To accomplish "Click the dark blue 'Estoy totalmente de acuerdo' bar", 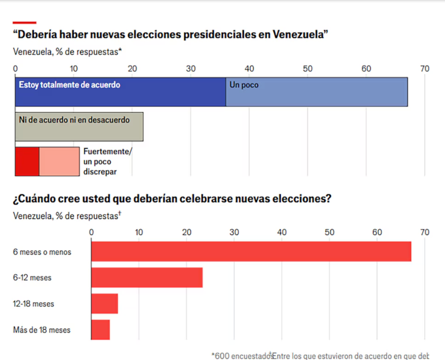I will (120, 92).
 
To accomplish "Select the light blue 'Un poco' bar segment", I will (317, 92).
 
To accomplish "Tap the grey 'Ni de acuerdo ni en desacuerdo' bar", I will (79, 127).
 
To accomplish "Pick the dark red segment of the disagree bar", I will (27, 161).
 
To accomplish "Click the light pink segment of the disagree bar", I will (59, 161).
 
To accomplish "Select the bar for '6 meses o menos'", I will (251, 251).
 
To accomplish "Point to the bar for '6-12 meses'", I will (147, 277).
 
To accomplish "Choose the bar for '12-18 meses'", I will (104, 304).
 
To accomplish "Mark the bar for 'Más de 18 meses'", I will (100, 330).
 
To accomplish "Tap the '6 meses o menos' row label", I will (42, 252).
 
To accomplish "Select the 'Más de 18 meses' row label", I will (42, 330).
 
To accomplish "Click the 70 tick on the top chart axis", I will (424, 68).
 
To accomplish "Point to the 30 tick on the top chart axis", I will (191, 68).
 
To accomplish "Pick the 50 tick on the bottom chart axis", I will (329, 232).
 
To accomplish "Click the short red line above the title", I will (24, 22).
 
